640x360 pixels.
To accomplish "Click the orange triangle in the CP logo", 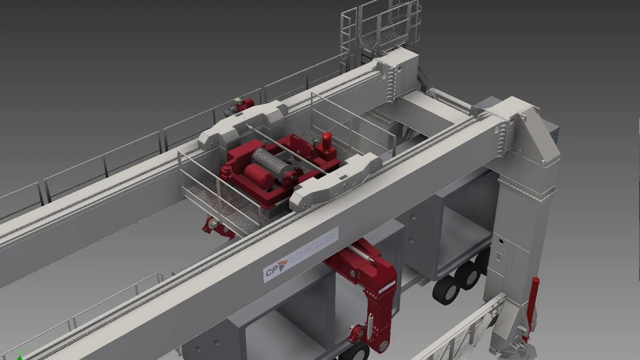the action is (x=283, y=264).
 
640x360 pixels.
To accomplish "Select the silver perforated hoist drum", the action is (x=270, y=162).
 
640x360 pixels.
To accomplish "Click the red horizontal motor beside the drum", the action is (x=259, y=175).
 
